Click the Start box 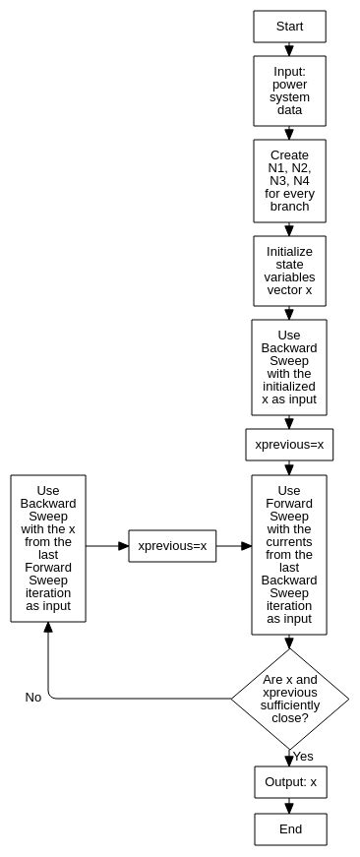coord(289,27)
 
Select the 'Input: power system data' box coord(289,91)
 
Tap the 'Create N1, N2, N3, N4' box coord(289,181)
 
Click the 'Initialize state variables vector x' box coord(289,271)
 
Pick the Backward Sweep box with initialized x coord(289,367)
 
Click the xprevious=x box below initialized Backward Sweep coord(289,445)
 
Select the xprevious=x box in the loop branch coord(172,546)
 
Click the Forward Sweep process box coord(289,554)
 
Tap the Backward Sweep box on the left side coord(48,548)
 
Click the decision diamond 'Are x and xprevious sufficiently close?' coord(289,699)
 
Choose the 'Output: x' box coord(290,782)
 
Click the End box coord(290,829)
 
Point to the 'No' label coord(33,698)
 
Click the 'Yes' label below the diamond coord(303,757)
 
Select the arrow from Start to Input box coord(289,49)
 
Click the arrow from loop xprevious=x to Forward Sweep coord(233,546)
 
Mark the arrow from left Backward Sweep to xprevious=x coord(107,546)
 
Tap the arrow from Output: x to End coord(290,806)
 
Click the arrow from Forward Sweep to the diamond coord(289,642)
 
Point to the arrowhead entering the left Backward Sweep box coord(48,629)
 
